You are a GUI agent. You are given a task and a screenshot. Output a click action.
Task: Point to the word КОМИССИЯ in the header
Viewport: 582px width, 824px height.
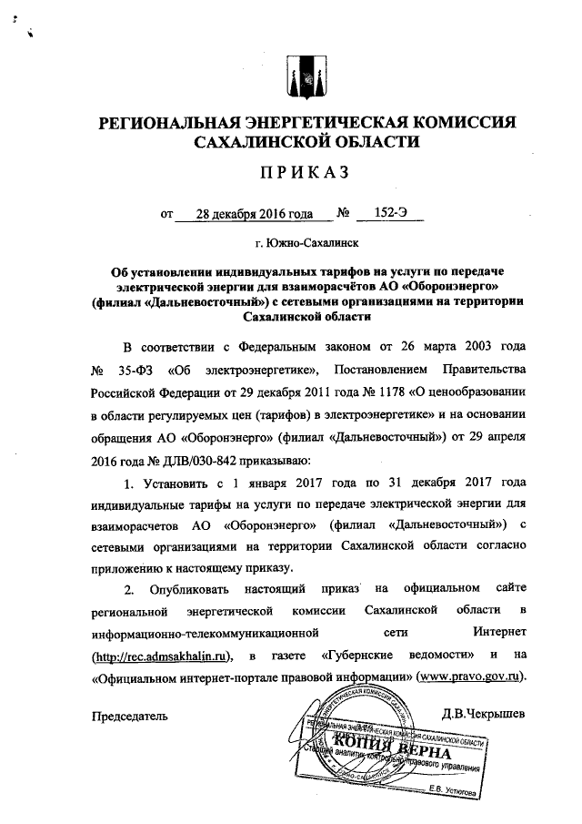(451, 122)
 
